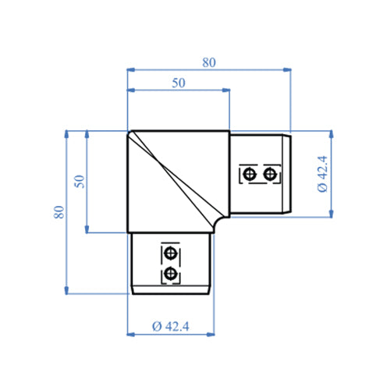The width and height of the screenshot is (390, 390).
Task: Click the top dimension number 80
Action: (x=209, y=63)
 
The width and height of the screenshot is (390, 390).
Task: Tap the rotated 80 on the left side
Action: (x=59, y=212)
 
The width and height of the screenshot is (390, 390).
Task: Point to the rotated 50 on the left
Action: (x=78, y=181)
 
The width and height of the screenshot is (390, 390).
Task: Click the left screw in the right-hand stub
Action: (x=249, y=173)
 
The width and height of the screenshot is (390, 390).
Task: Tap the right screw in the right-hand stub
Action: (x=270, y=173)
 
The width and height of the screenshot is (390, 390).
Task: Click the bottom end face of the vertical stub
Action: (x=172, y=294)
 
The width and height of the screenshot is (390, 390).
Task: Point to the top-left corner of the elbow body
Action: (x=129, y=131)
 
